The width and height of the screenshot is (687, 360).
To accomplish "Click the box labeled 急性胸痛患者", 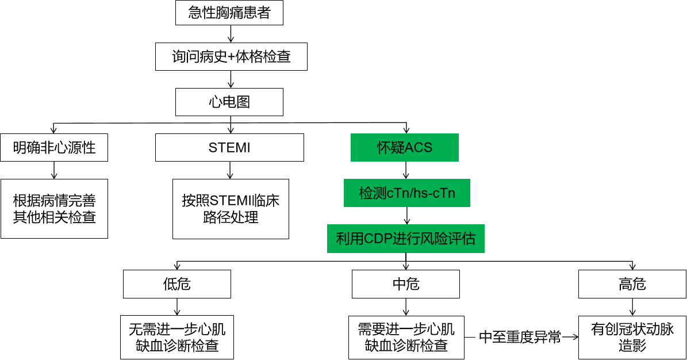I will click(x=229, y=13).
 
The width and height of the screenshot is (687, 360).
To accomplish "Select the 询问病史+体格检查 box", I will click(x=231, y=57).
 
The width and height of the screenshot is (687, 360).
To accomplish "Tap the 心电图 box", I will click(x=229, y=102).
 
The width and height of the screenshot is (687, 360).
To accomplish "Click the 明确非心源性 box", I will click(x=55, y=148).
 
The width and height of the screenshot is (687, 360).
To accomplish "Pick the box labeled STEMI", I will click(x=229, y=148).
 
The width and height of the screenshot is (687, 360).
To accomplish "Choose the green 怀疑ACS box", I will click(x=405, y=148).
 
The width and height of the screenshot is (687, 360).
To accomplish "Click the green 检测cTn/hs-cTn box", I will click(x=407, y=193).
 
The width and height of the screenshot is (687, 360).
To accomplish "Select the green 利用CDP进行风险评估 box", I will click(x=406, y=239).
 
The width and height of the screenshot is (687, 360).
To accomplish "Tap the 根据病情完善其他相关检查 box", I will click(x=55, y=209).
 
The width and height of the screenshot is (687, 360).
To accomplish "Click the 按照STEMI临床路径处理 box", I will click(x=231, y=209).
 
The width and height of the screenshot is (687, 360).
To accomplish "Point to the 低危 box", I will click(x=177, y=284).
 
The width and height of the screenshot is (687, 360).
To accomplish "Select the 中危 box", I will click(x=406, y=284).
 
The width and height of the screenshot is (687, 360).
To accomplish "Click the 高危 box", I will click(x=632, y=284).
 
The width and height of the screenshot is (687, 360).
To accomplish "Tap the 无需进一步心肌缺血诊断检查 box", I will click(x=177, y=338).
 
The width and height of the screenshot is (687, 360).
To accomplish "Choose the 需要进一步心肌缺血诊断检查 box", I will click(x=406, y=338).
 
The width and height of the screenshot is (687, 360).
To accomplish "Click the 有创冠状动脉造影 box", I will click(x=632, y=338).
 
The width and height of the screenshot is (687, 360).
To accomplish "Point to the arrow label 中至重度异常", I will click(x=520, y=338).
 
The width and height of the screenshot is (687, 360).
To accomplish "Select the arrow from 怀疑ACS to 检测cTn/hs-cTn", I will click(x=406, y=170).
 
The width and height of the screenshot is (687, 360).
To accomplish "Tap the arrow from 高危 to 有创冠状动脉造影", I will click(x=632, y=307).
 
